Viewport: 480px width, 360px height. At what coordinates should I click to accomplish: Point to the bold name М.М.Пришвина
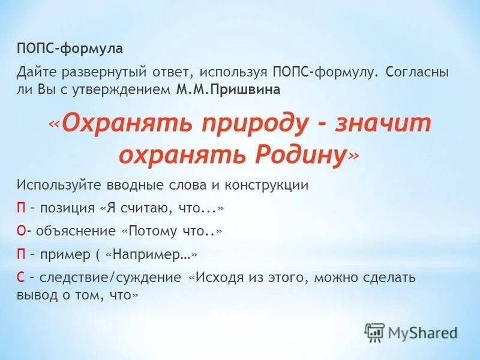pos(228,89)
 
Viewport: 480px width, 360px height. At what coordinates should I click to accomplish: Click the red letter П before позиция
pos(21,208)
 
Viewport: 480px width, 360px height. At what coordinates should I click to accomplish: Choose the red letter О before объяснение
pos(21,231)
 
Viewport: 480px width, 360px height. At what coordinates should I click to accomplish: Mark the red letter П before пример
pos(21,254)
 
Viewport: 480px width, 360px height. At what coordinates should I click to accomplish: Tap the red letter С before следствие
pos(20,278)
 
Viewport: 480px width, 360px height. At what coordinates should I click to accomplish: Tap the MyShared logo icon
pos(374,332)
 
